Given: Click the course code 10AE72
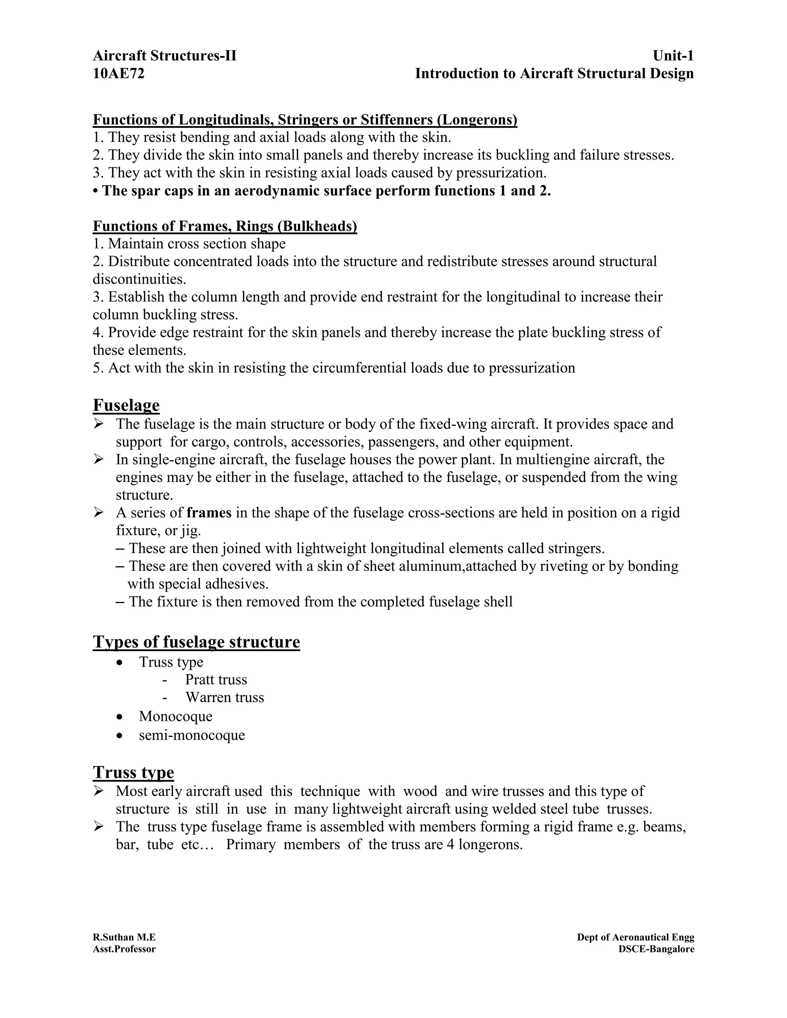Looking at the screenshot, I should coord(118,74).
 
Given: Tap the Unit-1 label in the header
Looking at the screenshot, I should coord(673,56).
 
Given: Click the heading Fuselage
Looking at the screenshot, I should coord(126,405).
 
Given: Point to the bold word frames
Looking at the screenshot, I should coord(209,513).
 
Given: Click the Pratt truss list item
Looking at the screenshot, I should coord(216,680).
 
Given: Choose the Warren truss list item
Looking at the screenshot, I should coord(225,697).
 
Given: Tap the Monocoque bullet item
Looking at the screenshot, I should coord(175,716).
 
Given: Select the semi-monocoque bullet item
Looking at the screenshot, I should coord(192,734).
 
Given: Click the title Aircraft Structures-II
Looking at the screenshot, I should coord(164,56).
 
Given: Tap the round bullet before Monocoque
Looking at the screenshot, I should coord(120,716).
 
